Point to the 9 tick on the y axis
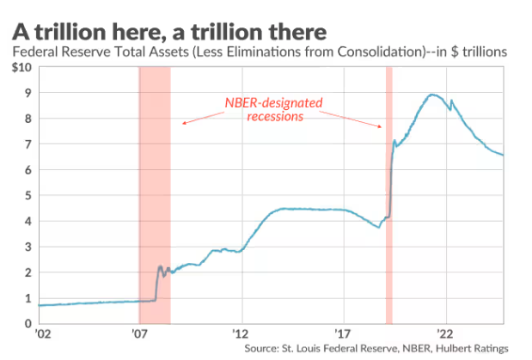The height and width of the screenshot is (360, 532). [28, 93]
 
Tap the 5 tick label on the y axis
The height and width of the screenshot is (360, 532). [28, 195]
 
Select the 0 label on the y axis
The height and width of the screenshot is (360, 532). [28, 323]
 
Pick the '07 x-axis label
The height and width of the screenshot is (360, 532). [141, 334]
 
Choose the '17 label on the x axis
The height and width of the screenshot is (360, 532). [343, 334]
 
